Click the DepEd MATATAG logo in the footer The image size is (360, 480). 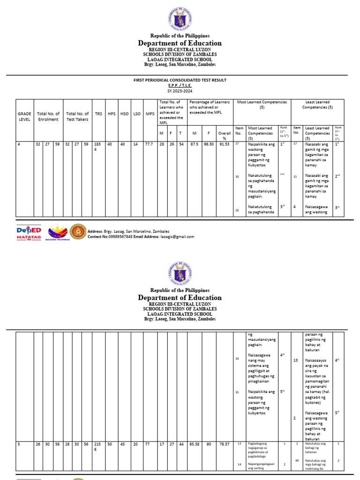(29, 232)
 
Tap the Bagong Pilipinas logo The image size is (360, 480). (58, 232)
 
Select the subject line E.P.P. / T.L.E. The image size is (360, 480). (180, 86)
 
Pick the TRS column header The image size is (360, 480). (98, 114)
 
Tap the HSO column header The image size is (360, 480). (124, 114)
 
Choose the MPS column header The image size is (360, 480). (150, 114)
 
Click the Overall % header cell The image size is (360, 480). (224, 136)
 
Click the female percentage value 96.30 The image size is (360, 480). (209, 144)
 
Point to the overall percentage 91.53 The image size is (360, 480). (224, 144)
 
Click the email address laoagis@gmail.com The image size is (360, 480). (177, 237)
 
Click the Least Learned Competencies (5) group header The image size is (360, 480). (317, 105)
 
